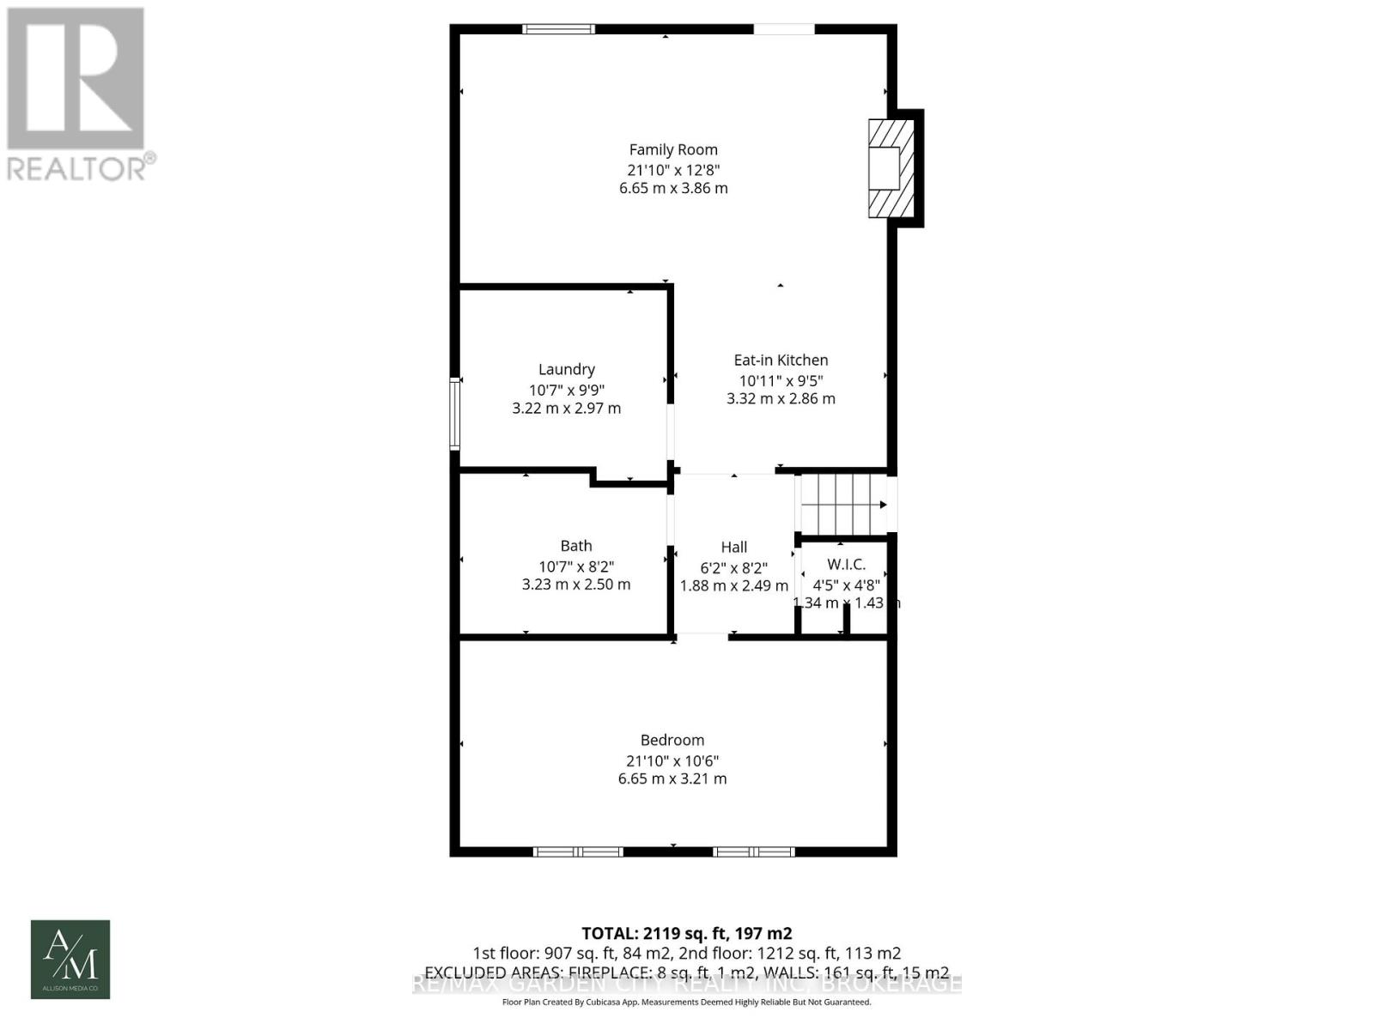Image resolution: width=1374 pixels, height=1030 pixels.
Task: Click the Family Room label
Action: point(673,149)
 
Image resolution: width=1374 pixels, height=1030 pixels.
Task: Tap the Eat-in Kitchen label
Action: point(781,360)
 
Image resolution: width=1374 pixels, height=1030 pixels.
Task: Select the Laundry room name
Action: point(567,369)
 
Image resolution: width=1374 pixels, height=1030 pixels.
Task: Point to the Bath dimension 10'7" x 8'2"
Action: point(576,566)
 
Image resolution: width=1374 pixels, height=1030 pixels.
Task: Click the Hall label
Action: point(734,547)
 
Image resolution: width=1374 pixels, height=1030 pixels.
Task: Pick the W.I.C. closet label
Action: point(846,565)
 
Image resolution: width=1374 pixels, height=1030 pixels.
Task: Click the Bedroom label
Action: point(672,740)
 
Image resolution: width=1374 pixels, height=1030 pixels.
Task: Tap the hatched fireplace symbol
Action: point(891,167)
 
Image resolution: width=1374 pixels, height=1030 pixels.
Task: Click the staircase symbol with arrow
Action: point(843,505)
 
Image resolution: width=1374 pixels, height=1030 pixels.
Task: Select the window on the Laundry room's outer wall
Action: point(455,414)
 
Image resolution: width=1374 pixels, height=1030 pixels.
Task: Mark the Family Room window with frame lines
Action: point(559,29)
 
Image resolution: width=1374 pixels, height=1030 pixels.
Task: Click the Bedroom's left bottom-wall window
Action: point(578,851)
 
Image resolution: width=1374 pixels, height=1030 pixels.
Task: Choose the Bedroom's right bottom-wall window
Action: point(754,851)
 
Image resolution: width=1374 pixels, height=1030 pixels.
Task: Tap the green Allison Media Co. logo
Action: point(70,960)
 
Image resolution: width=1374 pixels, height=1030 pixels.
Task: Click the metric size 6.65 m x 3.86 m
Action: point(673,188)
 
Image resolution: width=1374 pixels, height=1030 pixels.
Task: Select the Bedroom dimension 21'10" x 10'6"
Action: point(672,760)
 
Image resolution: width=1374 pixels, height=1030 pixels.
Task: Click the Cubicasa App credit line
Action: point(687,1003)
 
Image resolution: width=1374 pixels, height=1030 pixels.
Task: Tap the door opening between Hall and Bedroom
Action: point(702,636)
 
